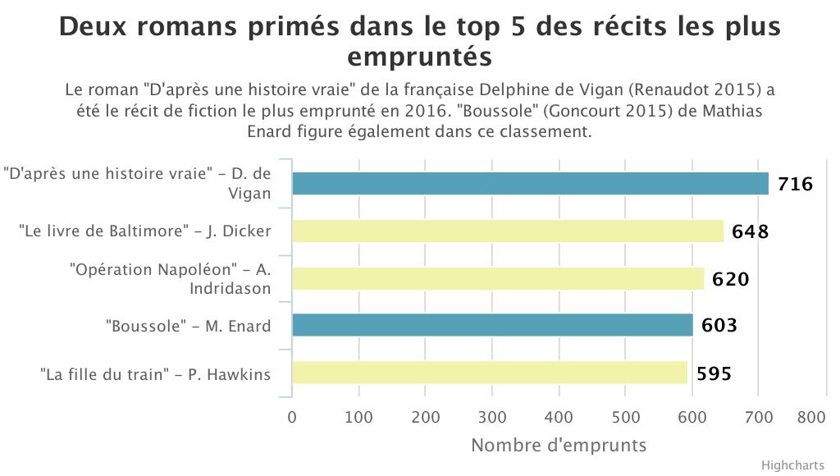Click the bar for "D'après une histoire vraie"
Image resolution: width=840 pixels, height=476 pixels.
[530, 184]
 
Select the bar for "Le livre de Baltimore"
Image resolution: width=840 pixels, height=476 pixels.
[508, 231]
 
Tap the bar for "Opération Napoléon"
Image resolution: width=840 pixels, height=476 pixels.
[498, 279]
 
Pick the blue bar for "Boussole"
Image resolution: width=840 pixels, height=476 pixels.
[492, 326]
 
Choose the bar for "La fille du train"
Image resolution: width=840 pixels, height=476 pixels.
[490, 373]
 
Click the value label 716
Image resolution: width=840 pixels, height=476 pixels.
[795, 185]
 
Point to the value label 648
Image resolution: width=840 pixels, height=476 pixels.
[751, 231]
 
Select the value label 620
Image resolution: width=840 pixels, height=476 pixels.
[731, 279]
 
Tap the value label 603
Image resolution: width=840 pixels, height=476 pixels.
[719, 326]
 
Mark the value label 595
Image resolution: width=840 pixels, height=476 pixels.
[714, 374]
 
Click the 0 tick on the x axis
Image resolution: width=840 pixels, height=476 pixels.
[292, 417]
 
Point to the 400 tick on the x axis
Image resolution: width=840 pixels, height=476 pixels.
[559, 417]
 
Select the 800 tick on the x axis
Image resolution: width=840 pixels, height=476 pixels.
[810, 417]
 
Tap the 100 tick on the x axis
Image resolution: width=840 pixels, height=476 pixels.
[358, 417]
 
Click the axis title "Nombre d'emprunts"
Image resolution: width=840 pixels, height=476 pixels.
[559, 446]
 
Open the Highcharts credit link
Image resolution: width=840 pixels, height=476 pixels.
[793, 465]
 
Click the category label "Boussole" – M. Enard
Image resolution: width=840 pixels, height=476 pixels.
[188, 326]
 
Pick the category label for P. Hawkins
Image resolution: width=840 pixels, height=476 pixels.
[156, 374]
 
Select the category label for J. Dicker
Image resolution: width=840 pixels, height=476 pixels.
[144, 231]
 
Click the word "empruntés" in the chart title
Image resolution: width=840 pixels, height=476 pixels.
[419, 58]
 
